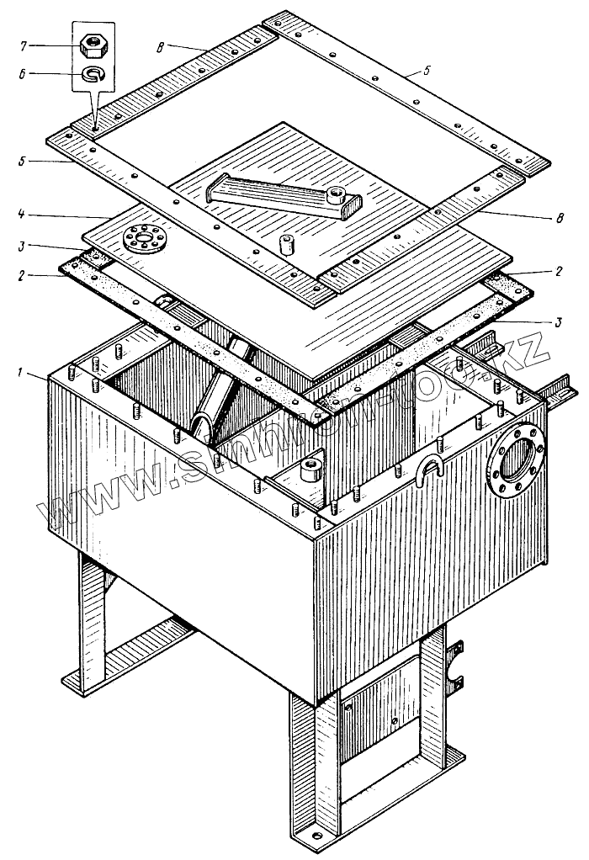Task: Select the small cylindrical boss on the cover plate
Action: click(286, 244)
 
